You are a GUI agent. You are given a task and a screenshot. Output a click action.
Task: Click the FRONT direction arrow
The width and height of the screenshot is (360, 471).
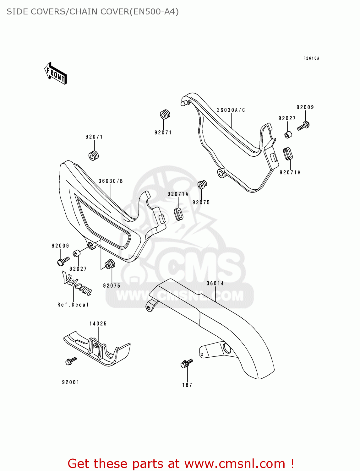56,73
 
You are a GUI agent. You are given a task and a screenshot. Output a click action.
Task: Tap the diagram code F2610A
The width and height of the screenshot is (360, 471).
311,58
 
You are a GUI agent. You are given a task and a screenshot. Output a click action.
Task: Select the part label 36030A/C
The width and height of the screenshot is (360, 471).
231,110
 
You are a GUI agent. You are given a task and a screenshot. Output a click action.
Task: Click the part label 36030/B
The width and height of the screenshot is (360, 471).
111,181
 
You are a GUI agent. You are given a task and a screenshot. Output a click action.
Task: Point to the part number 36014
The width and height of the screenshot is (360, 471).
215,284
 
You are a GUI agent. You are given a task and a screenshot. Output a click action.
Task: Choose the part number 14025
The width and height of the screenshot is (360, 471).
98,324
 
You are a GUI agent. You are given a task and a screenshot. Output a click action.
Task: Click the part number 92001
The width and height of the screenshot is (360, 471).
71,382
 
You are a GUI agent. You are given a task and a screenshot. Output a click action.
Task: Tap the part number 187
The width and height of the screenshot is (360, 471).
187,385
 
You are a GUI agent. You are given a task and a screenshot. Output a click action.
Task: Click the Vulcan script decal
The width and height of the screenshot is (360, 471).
77,283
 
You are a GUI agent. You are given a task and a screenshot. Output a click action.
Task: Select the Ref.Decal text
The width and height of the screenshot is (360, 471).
73,305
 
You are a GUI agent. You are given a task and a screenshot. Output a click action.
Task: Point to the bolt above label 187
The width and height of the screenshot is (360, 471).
187,363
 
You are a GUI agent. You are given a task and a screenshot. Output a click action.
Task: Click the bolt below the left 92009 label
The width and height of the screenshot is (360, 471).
63,261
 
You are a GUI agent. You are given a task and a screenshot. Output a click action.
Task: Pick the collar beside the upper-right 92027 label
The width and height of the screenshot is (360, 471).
288,135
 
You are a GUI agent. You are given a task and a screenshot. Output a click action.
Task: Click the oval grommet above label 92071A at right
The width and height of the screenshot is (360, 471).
288,154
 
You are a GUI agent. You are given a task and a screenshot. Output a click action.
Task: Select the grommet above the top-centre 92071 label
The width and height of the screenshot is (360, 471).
165,115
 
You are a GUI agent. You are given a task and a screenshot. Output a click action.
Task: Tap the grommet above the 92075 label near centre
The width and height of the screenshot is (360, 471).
202,185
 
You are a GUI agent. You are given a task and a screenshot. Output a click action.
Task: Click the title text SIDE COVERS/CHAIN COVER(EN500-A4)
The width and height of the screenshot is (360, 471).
93,12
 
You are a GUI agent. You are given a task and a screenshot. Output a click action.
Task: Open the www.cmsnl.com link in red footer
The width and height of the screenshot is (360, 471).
235,463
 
